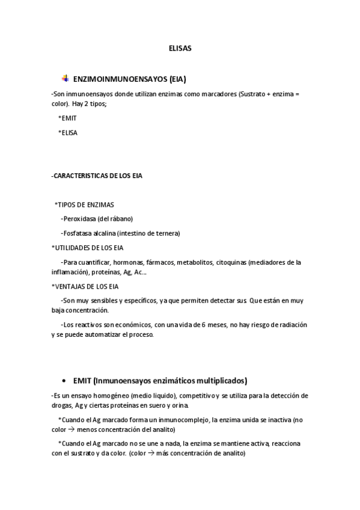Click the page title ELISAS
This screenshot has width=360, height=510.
point(180,50)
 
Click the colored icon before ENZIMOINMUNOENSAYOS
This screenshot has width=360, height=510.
point(64,78)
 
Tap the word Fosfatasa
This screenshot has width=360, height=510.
point(79,233)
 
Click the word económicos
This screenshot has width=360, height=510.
point(130,324)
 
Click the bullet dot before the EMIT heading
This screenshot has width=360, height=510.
point(64,381)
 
